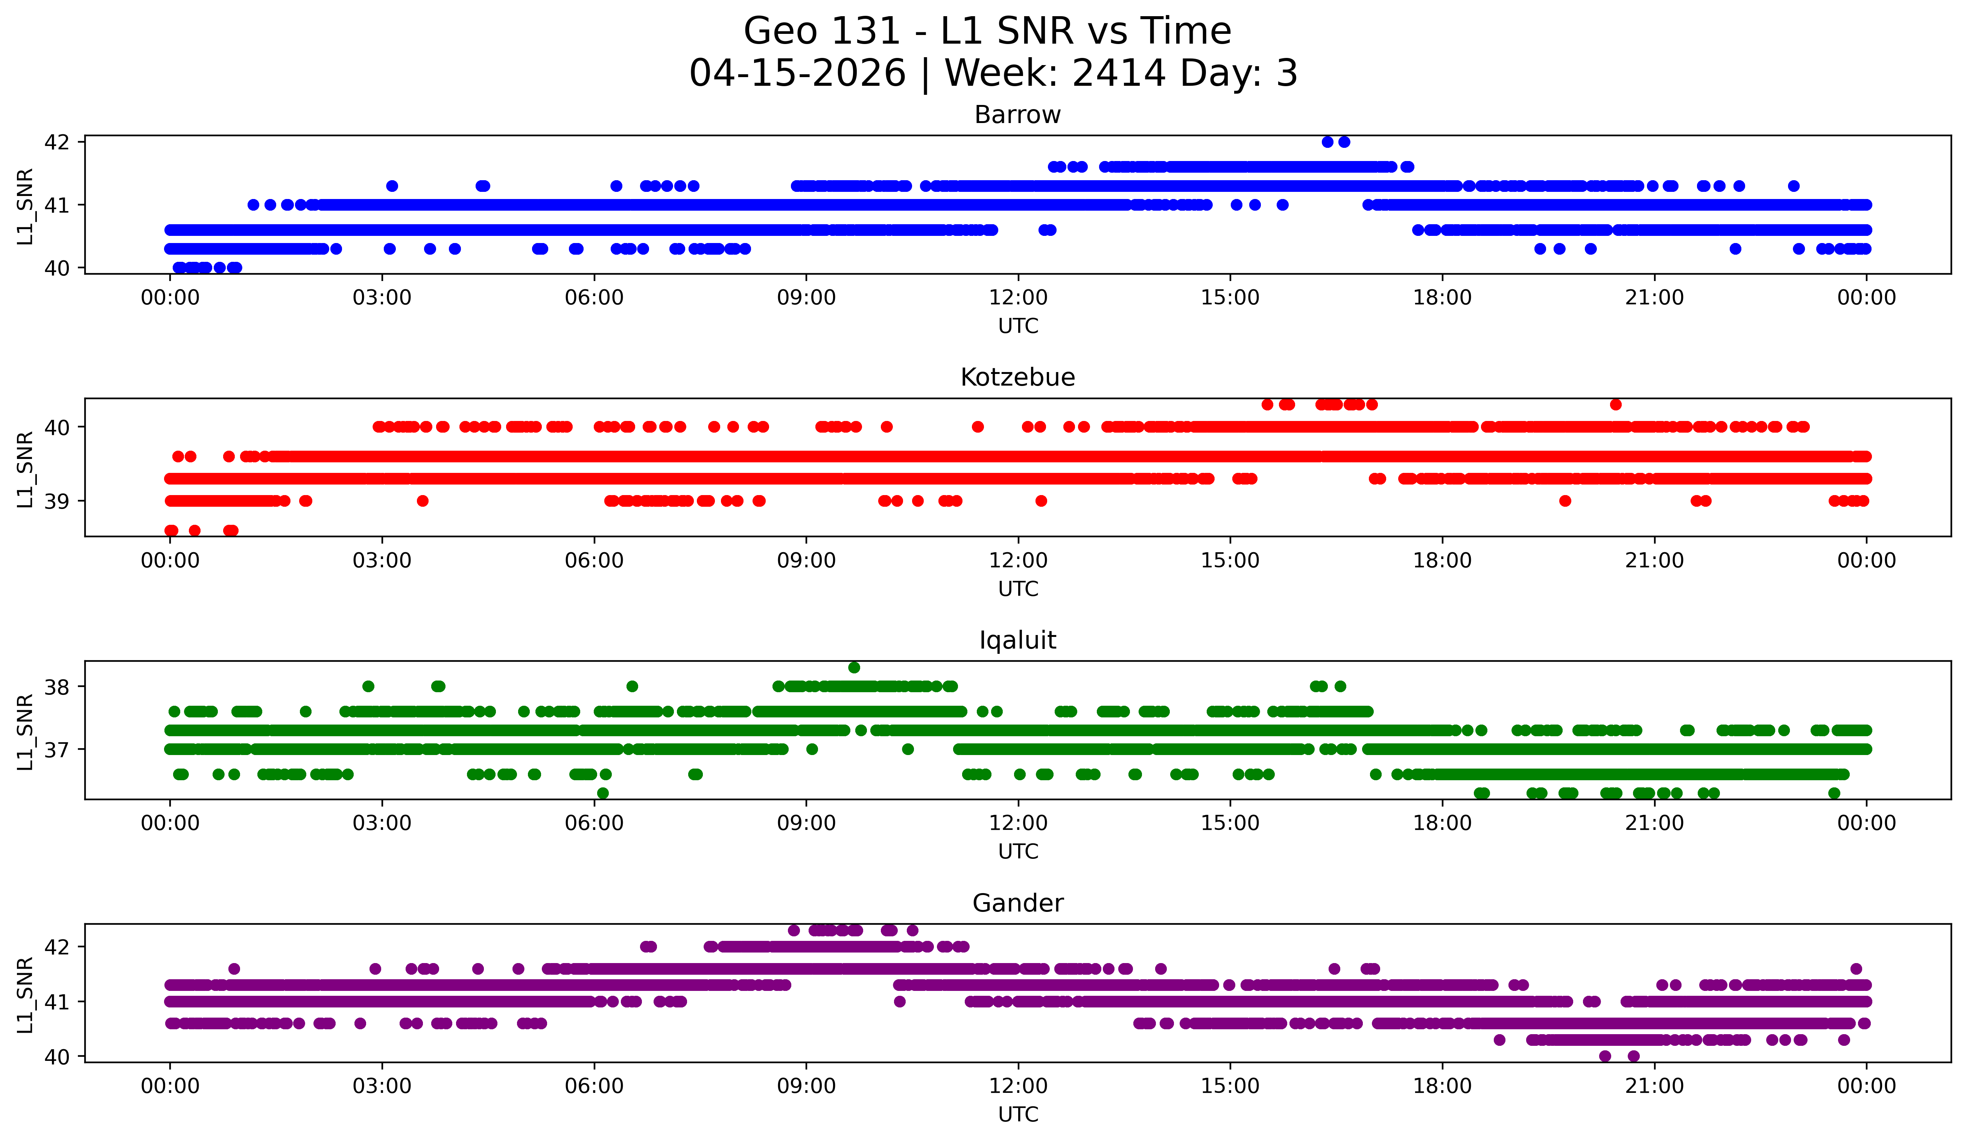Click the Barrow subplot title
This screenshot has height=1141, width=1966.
(x=1017, y=115)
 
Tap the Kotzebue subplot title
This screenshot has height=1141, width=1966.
(x=1017, y=377)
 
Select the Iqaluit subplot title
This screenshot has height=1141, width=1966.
(x=1017, y=640)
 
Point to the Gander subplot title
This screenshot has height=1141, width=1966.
(x=1017, y=903)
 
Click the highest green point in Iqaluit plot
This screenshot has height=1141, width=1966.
(x=854, y=668)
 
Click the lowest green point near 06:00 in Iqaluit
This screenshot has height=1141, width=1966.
(x=602, y=793)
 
